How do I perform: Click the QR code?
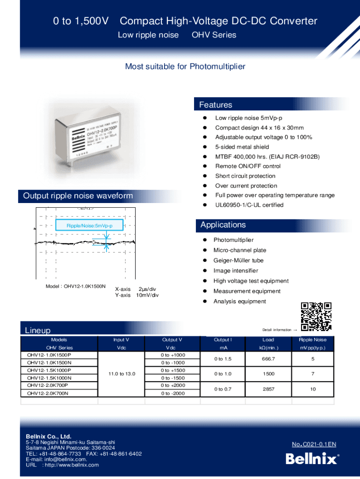[316, 316]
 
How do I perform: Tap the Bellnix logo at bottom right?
[311, 459]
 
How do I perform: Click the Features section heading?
[216, 105]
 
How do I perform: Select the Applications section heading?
[223, 225]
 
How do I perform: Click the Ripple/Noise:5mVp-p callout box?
[90, 226]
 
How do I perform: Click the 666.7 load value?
[268, 359]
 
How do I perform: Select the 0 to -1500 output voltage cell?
[173, 378]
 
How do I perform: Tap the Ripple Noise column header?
[313, 340]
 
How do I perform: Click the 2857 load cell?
[268, 389]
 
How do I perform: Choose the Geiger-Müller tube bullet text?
[238, 261]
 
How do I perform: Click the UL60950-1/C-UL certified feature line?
[249, 205]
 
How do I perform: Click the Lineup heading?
[37, 330]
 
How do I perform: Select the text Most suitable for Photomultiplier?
[185, 66]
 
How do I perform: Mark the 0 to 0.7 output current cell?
[223, 389]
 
